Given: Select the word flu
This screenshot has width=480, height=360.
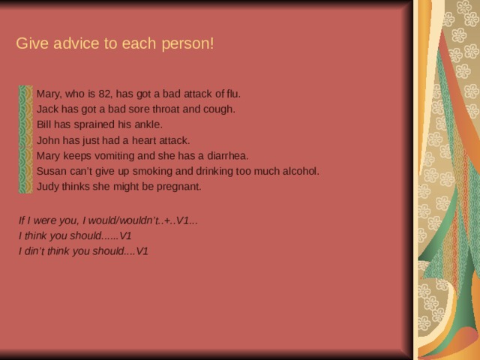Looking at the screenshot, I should click(x=232, y=94).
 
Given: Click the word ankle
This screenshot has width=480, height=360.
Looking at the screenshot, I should click(x=148, y=124).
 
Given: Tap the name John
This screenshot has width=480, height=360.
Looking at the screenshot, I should click(x=48, y=140).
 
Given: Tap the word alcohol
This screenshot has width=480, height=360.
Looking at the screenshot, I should click(x=299, y=171).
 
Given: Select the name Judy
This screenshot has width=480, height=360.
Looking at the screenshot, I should click(x=49, y=187).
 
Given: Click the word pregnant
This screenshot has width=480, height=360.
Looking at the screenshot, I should click(x=180, y=187).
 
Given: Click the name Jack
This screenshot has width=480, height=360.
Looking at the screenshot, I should click(x=48, y=109).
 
